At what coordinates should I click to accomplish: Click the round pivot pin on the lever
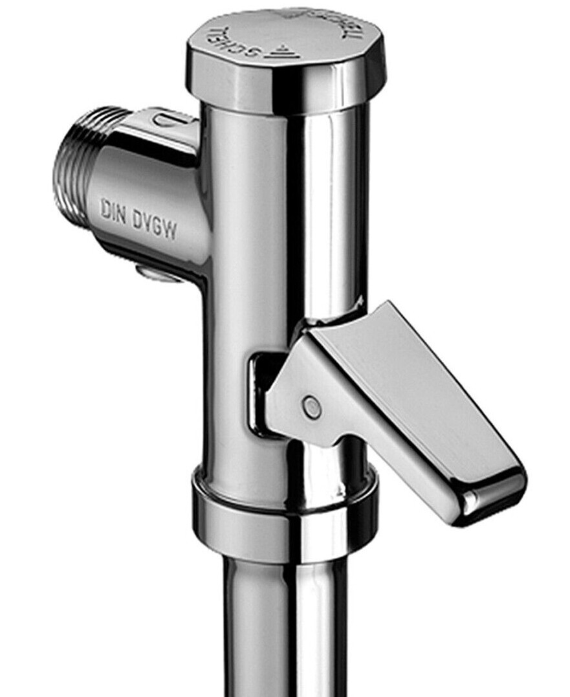tap(311, 406)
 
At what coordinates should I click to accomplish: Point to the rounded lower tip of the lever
tap(498, 496)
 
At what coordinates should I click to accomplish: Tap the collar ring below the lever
tap(285, 511)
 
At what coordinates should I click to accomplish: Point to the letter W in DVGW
tap(170, 230)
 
